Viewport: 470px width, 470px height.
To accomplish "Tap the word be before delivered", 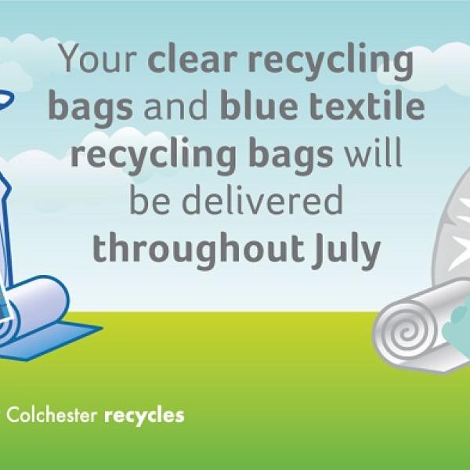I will (150, 201).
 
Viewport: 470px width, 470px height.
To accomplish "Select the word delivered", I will (260, 201).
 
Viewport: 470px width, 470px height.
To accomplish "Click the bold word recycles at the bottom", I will (144, 415).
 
